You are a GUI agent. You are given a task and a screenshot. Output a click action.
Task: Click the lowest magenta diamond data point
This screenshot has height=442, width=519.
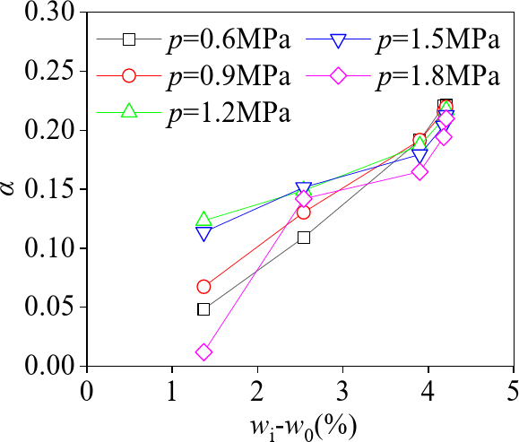pyautogui.click(x=203, y=352)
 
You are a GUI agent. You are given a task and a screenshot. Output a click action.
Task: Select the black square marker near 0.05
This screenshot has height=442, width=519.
pyautogui.click(x=203, y=309)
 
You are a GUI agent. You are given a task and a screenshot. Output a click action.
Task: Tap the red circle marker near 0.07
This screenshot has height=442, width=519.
pyautogui.click(x=203, y=287)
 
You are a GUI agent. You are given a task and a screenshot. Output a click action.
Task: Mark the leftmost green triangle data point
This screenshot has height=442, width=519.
pyautogui.click(x=203, y=220)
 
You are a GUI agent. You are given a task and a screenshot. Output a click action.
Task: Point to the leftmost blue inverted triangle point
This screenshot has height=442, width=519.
pyautogui.click(x=203, y=233)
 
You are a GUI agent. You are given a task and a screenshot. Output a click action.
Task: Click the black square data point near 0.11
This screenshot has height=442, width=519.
pyautogui.click(x=304, y=238)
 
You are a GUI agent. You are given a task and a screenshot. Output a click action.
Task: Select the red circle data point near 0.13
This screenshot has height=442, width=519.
pyautogui.click(x=304, y=212)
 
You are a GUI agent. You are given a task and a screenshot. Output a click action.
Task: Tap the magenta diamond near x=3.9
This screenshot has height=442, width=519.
pyautogui.click(x=420, y=171)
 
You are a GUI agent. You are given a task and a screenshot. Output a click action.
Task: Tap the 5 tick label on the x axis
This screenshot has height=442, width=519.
pyautogui.click(x=513, y=391)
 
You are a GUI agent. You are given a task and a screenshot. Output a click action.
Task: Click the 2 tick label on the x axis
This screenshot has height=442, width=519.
pyautogui.click(x=258, y=391)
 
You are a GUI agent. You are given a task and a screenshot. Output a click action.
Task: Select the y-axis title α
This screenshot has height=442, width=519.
pyautogui.click(x=12, y=189)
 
